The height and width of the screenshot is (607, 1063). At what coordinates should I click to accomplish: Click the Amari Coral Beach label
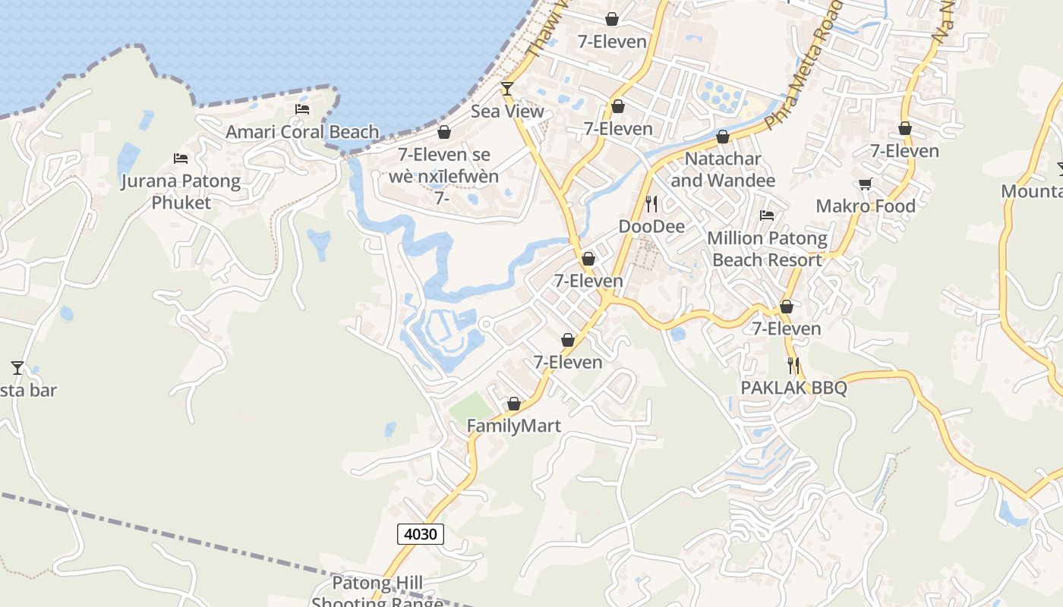tap(302, 132)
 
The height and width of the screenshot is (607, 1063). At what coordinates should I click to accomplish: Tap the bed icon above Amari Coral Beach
tap(302, 109)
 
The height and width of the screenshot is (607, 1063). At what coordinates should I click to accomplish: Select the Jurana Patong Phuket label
tap(181, 192)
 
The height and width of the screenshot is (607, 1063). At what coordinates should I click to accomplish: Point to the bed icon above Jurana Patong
tap(181, 159)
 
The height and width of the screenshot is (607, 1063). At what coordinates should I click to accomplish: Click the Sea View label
tap(507, 112)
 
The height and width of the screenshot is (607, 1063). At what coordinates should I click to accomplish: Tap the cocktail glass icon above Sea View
tap(506, 89)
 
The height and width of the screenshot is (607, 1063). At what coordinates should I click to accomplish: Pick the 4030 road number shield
tap(421, 534)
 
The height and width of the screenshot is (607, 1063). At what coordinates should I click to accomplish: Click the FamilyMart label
tap(514, 426)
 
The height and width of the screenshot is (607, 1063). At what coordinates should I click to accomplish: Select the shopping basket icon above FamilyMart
tap(514, 404)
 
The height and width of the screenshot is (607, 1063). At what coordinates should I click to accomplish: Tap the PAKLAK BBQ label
tap(793, 388)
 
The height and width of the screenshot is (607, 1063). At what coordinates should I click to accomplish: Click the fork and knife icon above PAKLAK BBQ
tap(793, 366)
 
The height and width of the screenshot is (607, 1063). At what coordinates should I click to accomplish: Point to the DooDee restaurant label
tap(651, 226)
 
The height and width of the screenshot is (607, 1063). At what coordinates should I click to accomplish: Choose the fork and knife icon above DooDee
tap(651, 203)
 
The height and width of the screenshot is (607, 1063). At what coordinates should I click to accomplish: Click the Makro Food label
tap(866, 206)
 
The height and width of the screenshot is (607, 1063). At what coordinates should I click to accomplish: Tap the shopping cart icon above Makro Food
tap(865, 184)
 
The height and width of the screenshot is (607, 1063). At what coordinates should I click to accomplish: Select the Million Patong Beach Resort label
tap(767, 249)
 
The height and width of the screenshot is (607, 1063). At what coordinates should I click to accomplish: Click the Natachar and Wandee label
tap(723, 170)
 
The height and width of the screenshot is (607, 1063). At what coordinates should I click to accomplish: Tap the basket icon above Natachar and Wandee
tap(723, 137)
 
